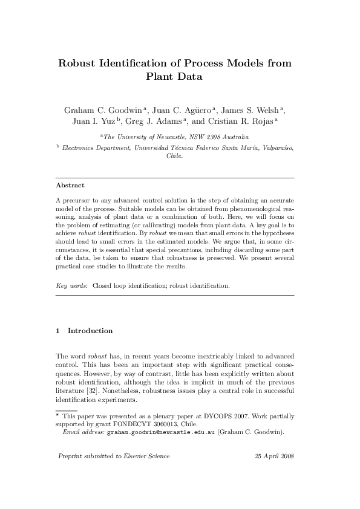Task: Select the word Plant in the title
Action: (162, 77)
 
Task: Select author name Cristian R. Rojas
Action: (244, 122)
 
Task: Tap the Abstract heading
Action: (70, 185)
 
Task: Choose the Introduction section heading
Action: (90, 331)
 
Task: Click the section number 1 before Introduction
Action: (57, 331)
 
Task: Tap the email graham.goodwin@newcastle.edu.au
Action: (161, 433)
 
